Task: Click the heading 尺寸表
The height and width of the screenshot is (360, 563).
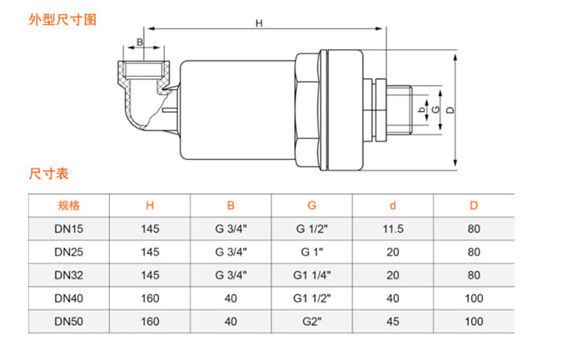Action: [x=49, y=174]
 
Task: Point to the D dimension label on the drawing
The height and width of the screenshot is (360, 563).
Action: [x=450, y=109]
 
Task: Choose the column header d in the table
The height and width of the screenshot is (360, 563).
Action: [x=392, y=205]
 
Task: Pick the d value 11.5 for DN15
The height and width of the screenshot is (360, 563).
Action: [x=392, y=228]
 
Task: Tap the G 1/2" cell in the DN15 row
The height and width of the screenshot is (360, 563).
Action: [x=311, y=228]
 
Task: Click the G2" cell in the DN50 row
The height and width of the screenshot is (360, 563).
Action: [x=311, y=320]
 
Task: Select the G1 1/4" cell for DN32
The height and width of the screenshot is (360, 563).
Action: [x=311, y=274]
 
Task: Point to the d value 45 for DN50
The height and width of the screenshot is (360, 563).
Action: [x=392, y=320]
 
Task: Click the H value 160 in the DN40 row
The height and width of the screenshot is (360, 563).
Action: [x=150, y=297]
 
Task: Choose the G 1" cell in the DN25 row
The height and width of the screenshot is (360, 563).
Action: [x=311, y=251]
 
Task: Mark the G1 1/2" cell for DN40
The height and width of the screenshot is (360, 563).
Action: [x=311, y=297]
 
